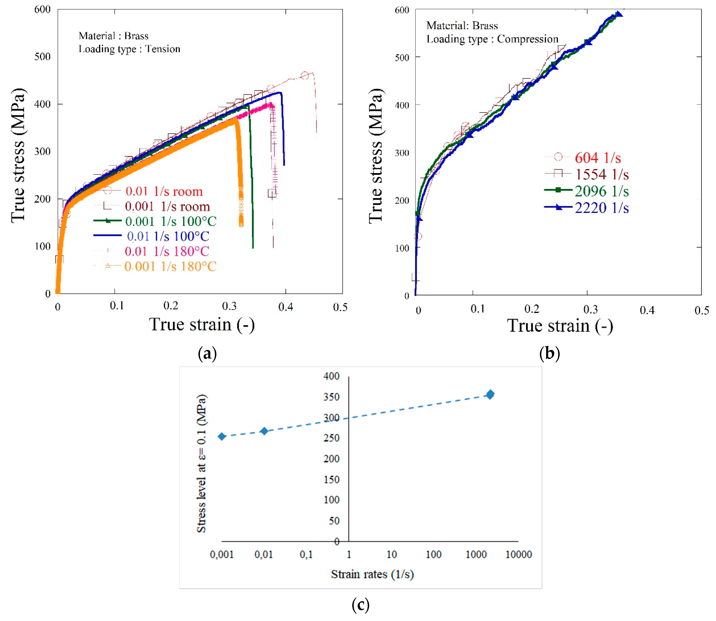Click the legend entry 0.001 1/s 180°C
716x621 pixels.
coord(170,266)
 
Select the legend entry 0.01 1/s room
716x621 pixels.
coord(164,191)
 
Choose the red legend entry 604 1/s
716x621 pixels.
coord(597,158)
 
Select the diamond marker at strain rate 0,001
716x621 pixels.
coord(222,436)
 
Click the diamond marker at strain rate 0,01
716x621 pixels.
coord(264,431)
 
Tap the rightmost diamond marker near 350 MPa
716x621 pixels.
coord(490,394)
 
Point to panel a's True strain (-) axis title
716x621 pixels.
coord(202,325)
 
